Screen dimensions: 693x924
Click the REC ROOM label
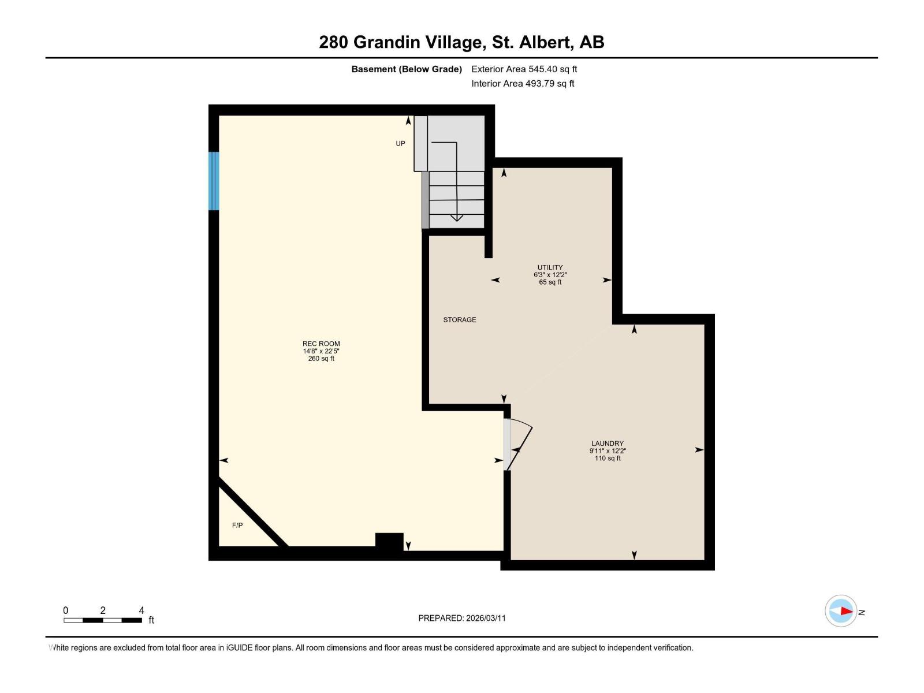[321, 344]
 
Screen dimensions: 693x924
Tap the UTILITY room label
[550, 267]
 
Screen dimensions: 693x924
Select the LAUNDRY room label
[608, 444]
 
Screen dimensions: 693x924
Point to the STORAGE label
[460, 319]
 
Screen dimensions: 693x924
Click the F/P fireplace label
[237, 525]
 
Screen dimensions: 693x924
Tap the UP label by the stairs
[400, 143]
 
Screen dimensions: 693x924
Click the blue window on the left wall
[214, 181]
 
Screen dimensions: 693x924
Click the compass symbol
[841, 611]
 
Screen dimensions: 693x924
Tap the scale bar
[103, 620]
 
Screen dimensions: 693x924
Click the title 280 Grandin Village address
[461, 42]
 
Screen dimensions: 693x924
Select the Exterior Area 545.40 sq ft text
[524, 69]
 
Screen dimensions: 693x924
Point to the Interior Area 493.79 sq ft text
[523, 84]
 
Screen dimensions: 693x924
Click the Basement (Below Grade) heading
[407, 69]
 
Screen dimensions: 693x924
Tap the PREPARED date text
[462, 618]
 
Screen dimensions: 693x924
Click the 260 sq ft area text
[321, 359]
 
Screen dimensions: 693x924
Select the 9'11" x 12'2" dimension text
[608, 451]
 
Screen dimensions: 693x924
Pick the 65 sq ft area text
[550, 282]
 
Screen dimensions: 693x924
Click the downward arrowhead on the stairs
[456, 218]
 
